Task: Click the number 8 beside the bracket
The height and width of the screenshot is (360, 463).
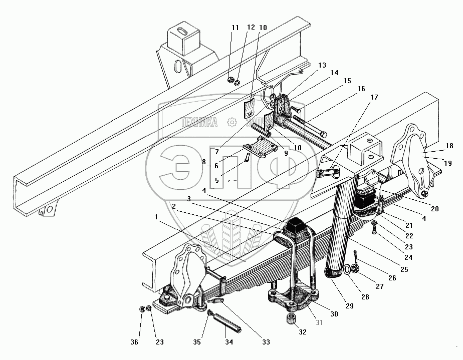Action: (203, 162)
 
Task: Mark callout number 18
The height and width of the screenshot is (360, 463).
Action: (449, 146)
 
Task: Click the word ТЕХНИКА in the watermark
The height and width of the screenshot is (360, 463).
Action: (198, 122)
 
